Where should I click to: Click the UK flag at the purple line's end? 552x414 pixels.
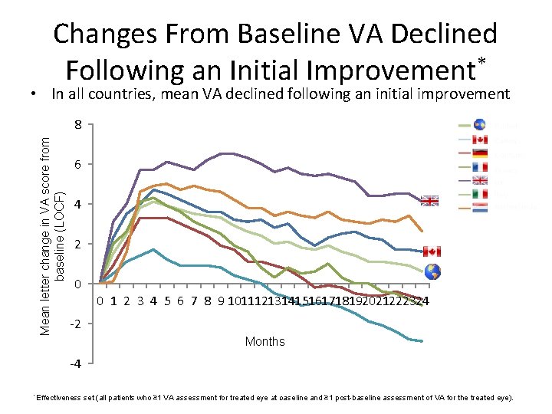430,201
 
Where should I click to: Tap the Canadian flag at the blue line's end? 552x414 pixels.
432,251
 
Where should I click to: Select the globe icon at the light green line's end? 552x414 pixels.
432,271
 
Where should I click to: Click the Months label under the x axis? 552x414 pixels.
264,342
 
